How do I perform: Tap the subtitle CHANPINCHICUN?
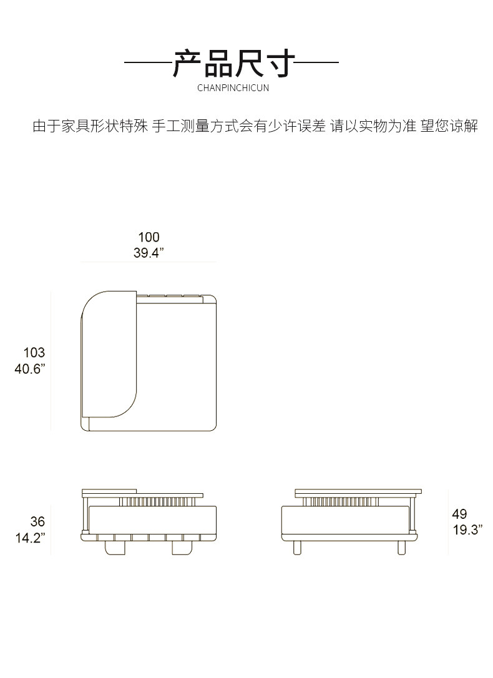click(x=233, y=88)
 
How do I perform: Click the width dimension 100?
click(x=149, y=237)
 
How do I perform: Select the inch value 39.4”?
click(x=149, y=253)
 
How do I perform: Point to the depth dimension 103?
click(x=34, y=353)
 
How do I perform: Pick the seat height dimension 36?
click(x=37, y=521)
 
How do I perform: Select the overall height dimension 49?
click(x=459, y=514)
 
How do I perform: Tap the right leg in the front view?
click(x=181, y=548)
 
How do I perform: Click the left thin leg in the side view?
click(x=297, y=547)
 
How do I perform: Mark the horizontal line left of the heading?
click(x=147, y=63)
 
